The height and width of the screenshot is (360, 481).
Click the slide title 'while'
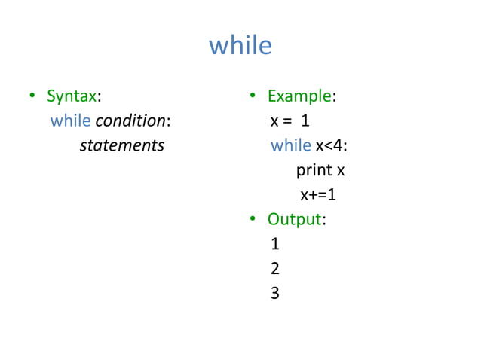(x=240, y=46)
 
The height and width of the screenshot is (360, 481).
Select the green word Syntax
(x=72, y=96)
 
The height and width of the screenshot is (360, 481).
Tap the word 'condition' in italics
(x=130, y=121)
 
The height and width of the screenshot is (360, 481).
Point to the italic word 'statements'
(x=121, y=145)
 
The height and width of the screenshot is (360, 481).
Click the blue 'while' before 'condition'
(x=70, y=121)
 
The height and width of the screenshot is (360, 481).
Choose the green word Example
(x=299, y=96)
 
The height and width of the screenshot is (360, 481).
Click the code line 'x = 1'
(x=290, y=121)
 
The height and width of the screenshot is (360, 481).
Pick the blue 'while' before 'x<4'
(x=291, y=145)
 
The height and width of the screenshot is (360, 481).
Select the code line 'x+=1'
(x=317, y=195)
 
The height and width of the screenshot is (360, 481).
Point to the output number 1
(x=274, y=244)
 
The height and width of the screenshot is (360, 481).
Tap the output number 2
(x=274, y=269)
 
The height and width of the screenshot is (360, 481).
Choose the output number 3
(x=274, y=294)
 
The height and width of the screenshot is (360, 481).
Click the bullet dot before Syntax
(x=32, y=96)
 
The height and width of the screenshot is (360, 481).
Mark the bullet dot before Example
(x=254, y=96)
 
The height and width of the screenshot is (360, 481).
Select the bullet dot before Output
(x=254, y=220)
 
